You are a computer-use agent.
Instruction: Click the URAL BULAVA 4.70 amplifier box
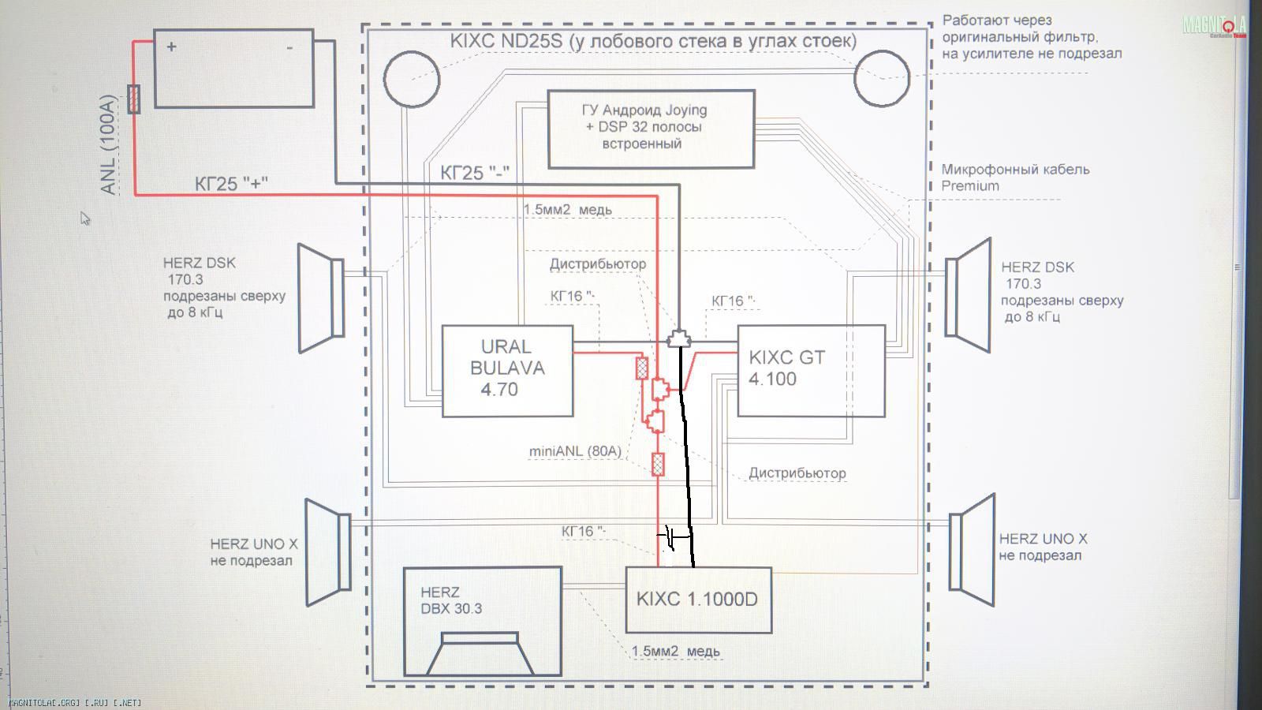tap(507, 370)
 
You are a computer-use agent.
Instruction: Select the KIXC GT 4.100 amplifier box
tap(810, 370)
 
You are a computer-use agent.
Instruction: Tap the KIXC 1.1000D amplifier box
tap(698, 600)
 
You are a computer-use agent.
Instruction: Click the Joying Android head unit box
tap(651, 128)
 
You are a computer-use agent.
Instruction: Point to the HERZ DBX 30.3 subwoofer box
tap(482, 621)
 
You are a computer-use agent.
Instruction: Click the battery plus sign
tap(171, 47)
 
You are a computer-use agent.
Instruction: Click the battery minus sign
tap(289, 48)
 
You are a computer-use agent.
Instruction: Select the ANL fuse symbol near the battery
tap(134, 99)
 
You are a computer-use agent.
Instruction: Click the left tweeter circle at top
tap(411, 78)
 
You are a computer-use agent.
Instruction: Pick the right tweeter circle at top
tap(882, 78)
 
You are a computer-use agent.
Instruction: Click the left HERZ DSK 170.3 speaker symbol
tap(320, 297)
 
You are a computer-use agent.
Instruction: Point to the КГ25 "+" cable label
tap(231, 184)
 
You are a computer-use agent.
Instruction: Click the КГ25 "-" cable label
tap(474, 173)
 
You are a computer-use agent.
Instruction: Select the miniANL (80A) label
tap(575, 451)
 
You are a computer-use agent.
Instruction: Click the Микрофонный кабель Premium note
tap(1014, 177)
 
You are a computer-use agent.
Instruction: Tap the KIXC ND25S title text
tap(653, 41)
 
